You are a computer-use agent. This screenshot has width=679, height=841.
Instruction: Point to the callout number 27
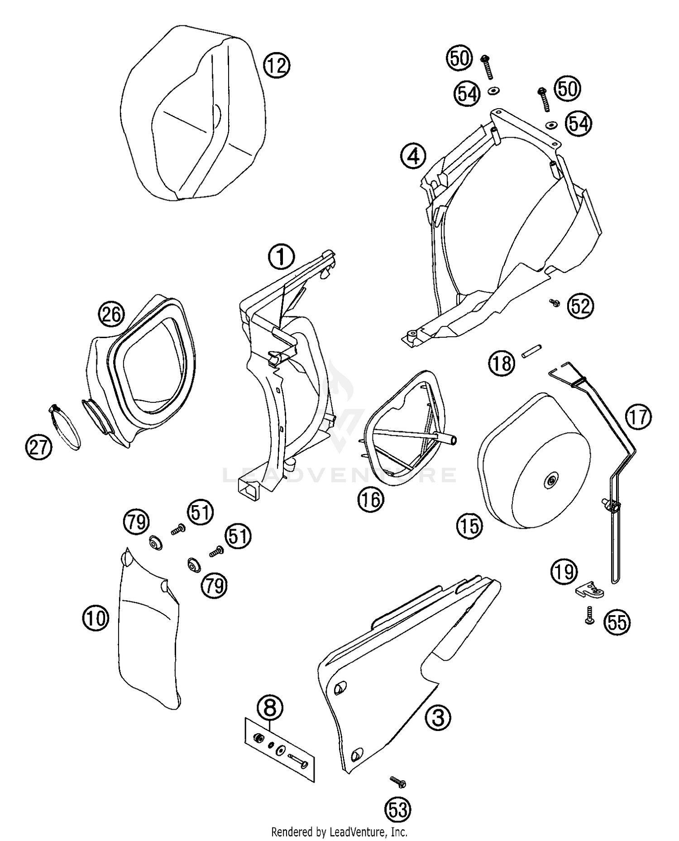(38, 447)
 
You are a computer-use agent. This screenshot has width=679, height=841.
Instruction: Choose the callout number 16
(371, 499)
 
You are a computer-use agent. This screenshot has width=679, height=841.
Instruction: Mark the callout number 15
(470, 526)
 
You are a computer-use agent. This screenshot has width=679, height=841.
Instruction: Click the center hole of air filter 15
(551, 482)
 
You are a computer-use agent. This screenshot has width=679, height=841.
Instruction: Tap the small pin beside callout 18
(532, 350)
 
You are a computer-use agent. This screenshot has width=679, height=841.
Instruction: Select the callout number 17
(638, 417)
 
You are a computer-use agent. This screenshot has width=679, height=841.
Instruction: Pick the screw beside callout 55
(589, 616)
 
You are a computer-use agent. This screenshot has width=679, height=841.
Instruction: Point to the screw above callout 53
(398, 781)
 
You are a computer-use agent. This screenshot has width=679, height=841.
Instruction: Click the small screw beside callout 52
(553, 302)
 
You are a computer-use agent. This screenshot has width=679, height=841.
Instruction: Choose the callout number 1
(281, 257)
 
